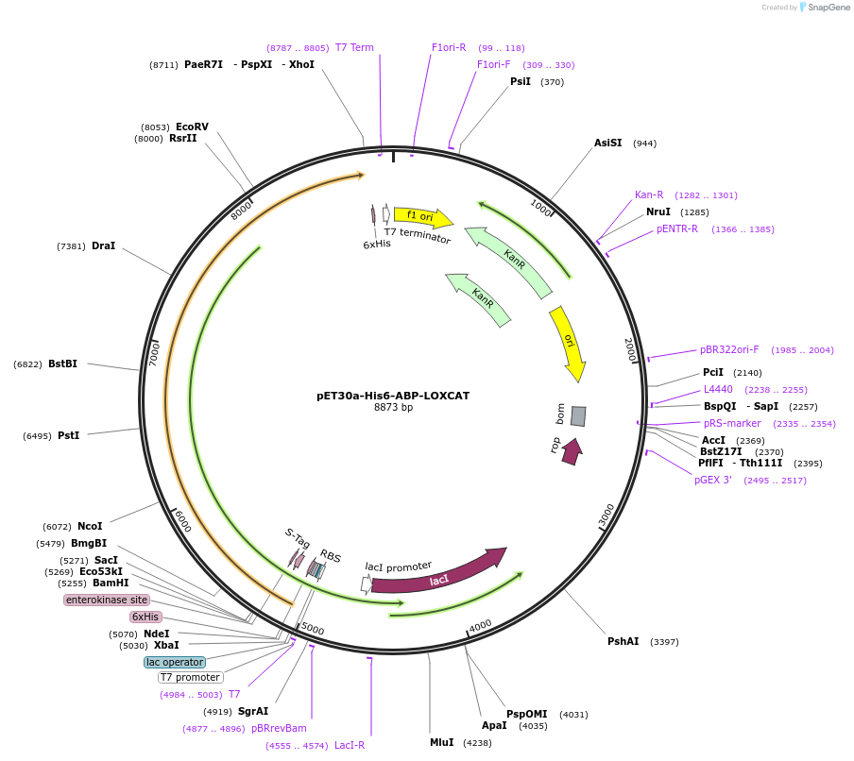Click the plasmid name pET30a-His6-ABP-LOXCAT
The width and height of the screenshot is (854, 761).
(x=393, y=396)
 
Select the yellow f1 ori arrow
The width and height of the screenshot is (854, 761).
(x=421, y=217)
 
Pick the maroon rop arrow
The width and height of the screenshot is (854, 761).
(x=571, y=452)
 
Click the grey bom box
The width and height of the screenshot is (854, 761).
(x=578, y=415)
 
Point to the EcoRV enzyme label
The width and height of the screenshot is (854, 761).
(x=192, y=127)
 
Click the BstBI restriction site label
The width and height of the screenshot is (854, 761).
(x=62, y=364)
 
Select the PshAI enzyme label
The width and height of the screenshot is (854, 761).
(x=623, y=641)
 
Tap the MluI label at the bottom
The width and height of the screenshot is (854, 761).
(x=441, y=742)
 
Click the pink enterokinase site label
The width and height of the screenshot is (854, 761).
(x=107, y=600)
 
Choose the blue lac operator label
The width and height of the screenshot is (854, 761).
(x=175, y=662)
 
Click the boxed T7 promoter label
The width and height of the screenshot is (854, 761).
(x=190, y=677)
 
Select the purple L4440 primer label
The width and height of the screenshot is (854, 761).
(x=718, y=389)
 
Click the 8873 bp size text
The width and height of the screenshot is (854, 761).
(x=393, y=408)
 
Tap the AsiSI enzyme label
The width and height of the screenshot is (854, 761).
(x=607, y=143)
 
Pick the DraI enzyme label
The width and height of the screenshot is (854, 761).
(x=103, y=245)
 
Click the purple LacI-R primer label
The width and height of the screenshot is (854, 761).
(x=349, y=745)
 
